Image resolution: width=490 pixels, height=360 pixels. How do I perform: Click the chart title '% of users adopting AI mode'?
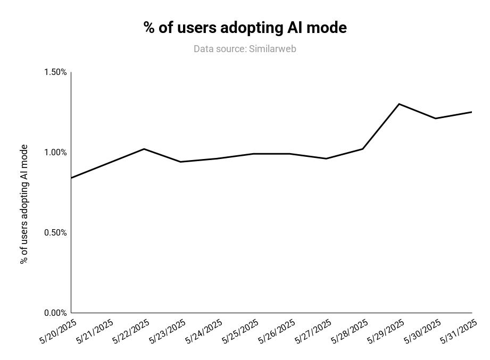tap(245, 28)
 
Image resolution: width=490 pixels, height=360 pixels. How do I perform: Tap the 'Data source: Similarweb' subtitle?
tap(245, 49)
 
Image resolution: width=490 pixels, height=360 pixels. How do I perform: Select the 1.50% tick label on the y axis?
tap(55, 72)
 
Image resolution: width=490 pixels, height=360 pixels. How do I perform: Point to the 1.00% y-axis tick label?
tap(55, 153)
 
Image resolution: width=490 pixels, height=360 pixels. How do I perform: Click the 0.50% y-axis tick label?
tap(55, 233)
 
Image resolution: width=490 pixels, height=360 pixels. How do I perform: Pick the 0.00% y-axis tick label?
tap(55, 313)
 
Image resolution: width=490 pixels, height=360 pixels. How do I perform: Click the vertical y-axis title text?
tap(24, 204)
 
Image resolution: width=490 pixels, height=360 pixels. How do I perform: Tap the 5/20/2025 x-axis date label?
tap(58, 331)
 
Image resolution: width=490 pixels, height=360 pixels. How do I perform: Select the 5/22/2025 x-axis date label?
tap(131, 331)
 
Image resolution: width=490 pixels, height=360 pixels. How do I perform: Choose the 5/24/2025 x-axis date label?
tap(204, 331)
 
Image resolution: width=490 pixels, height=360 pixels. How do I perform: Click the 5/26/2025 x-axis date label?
tap(277, 331)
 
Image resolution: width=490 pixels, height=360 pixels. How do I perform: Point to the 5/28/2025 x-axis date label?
tap(350, 331)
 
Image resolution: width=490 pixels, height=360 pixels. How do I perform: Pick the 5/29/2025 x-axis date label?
tap(386, 331)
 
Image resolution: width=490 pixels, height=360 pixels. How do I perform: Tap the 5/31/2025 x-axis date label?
tap(459, 331)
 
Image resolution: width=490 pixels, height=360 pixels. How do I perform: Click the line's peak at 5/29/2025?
tap(399, 104)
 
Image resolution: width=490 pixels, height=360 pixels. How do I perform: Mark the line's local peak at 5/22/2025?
tap(144, 149)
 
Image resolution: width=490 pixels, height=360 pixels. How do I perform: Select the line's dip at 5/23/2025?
tap(180, 162)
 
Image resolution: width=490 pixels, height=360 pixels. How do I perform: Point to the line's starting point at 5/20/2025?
tap(71, 178)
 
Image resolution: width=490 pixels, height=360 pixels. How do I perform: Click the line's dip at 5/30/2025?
tap(435, 118)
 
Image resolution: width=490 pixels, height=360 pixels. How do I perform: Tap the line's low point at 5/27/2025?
tap(326, 158)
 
